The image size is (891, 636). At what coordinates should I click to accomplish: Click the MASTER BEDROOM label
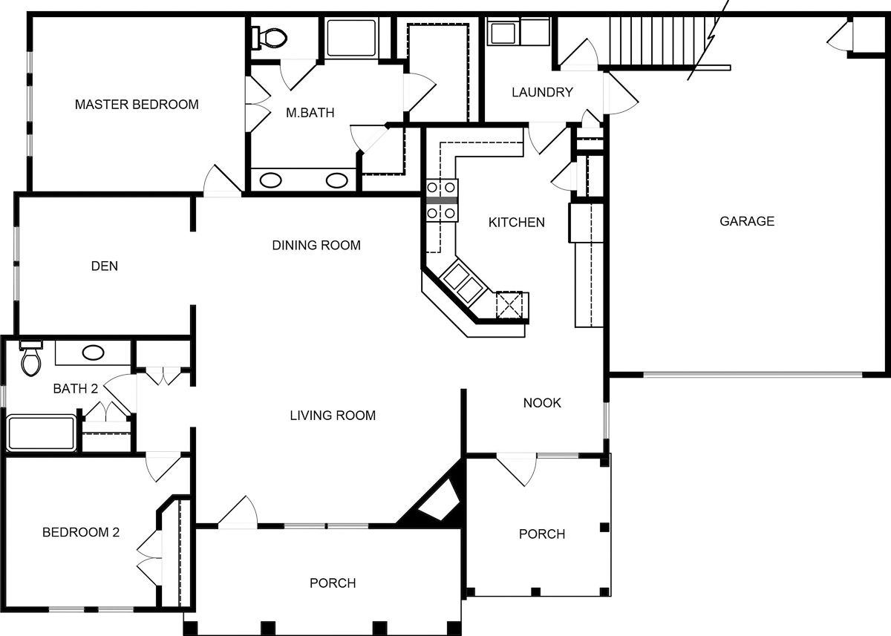pos(137,105)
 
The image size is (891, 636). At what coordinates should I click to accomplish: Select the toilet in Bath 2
pos(31,359)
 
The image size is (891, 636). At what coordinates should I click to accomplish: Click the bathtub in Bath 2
pos(42,433)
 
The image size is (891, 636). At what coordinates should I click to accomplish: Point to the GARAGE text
pos(747,221)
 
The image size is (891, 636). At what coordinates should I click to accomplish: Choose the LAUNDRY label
pos(542,93)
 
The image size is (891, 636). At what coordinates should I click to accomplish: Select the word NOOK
pos(542,403)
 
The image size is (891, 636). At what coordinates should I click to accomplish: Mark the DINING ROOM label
pos(316,245)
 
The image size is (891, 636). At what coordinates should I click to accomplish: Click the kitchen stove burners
pos(441,200)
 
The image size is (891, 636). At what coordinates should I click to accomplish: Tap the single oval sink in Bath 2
pos(93,353)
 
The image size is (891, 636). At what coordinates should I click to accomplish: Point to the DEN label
pos(105,266)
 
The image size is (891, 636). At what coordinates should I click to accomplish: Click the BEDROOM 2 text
pos(80,532)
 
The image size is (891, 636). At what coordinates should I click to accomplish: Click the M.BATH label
pos(310,114)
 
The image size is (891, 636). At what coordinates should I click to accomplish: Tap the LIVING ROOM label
pos(333,416)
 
